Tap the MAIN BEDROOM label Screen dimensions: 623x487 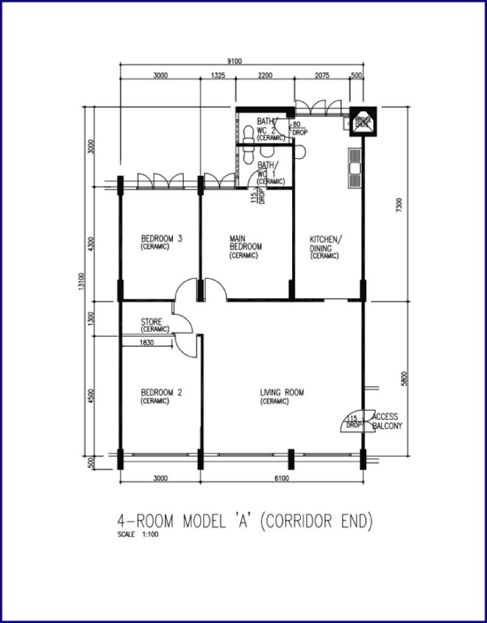[245, 246]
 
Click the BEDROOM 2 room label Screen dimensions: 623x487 [161, 396]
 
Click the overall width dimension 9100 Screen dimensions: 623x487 [234, 60]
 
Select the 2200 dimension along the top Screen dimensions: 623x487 [265, 75]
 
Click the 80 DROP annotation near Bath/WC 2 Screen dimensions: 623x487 [299, 128]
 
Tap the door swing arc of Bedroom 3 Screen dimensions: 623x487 [185, 289]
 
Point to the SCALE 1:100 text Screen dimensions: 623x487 [139, 535]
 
